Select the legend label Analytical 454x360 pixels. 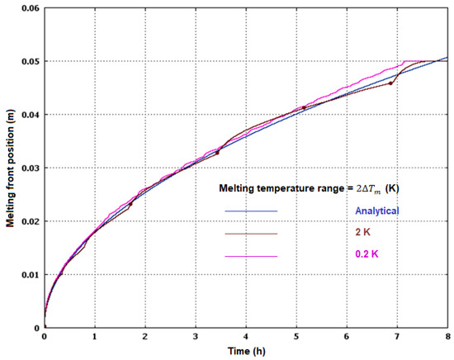point(371,211)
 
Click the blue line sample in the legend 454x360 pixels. point(251,212)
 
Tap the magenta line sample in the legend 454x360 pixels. point(251,258)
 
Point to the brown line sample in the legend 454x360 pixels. point(251,234)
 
